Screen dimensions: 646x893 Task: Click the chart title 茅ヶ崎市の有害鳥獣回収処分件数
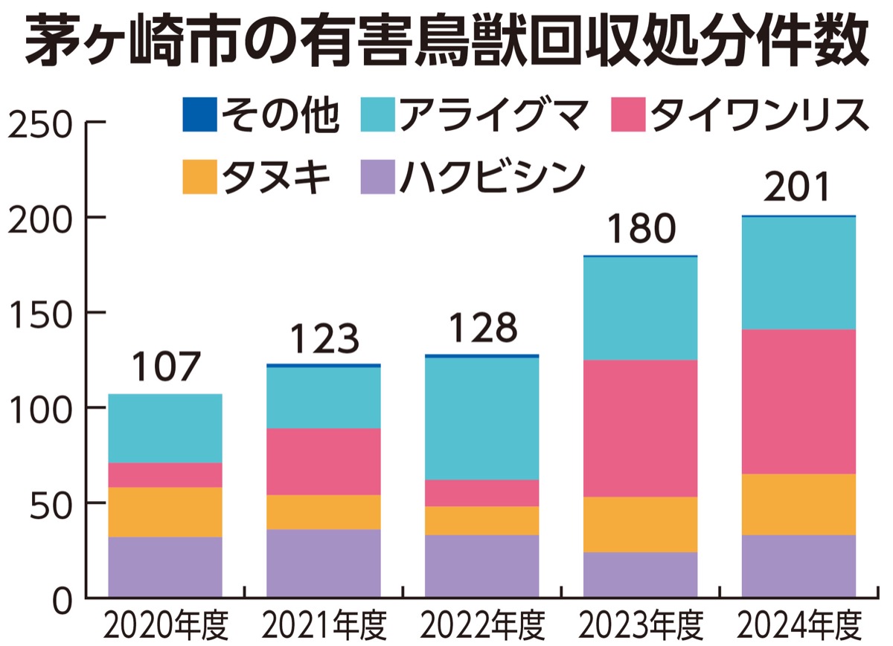pyautogui.click(x=446, y=42)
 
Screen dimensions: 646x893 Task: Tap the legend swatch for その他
pyautogui.click(x=199, y=115)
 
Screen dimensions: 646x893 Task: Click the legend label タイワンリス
pyautogui.click(x=758, y=115)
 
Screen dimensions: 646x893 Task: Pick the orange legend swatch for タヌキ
pyautogui.click(x=199, y=177)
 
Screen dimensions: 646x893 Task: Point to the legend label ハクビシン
pyautogui.click(x=490, y=177)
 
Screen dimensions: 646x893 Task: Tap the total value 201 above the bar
pyautogui.click(x=798, y=190)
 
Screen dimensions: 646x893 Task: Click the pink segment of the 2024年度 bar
pyautogui.click(x=798, y=401)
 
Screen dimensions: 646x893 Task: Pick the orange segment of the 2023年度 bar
pyautogui.click(x=641, y=524)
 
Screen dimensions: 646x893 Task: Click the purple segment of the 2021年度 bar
pyautogui.click(x=324, y=563)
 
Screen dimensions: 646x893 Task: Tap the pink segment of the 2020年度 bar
pyautogui.click(x=165, y=475)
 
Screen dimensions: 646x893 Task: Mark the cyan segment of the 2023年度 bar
pyautogui.click(x=641, y=309)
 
